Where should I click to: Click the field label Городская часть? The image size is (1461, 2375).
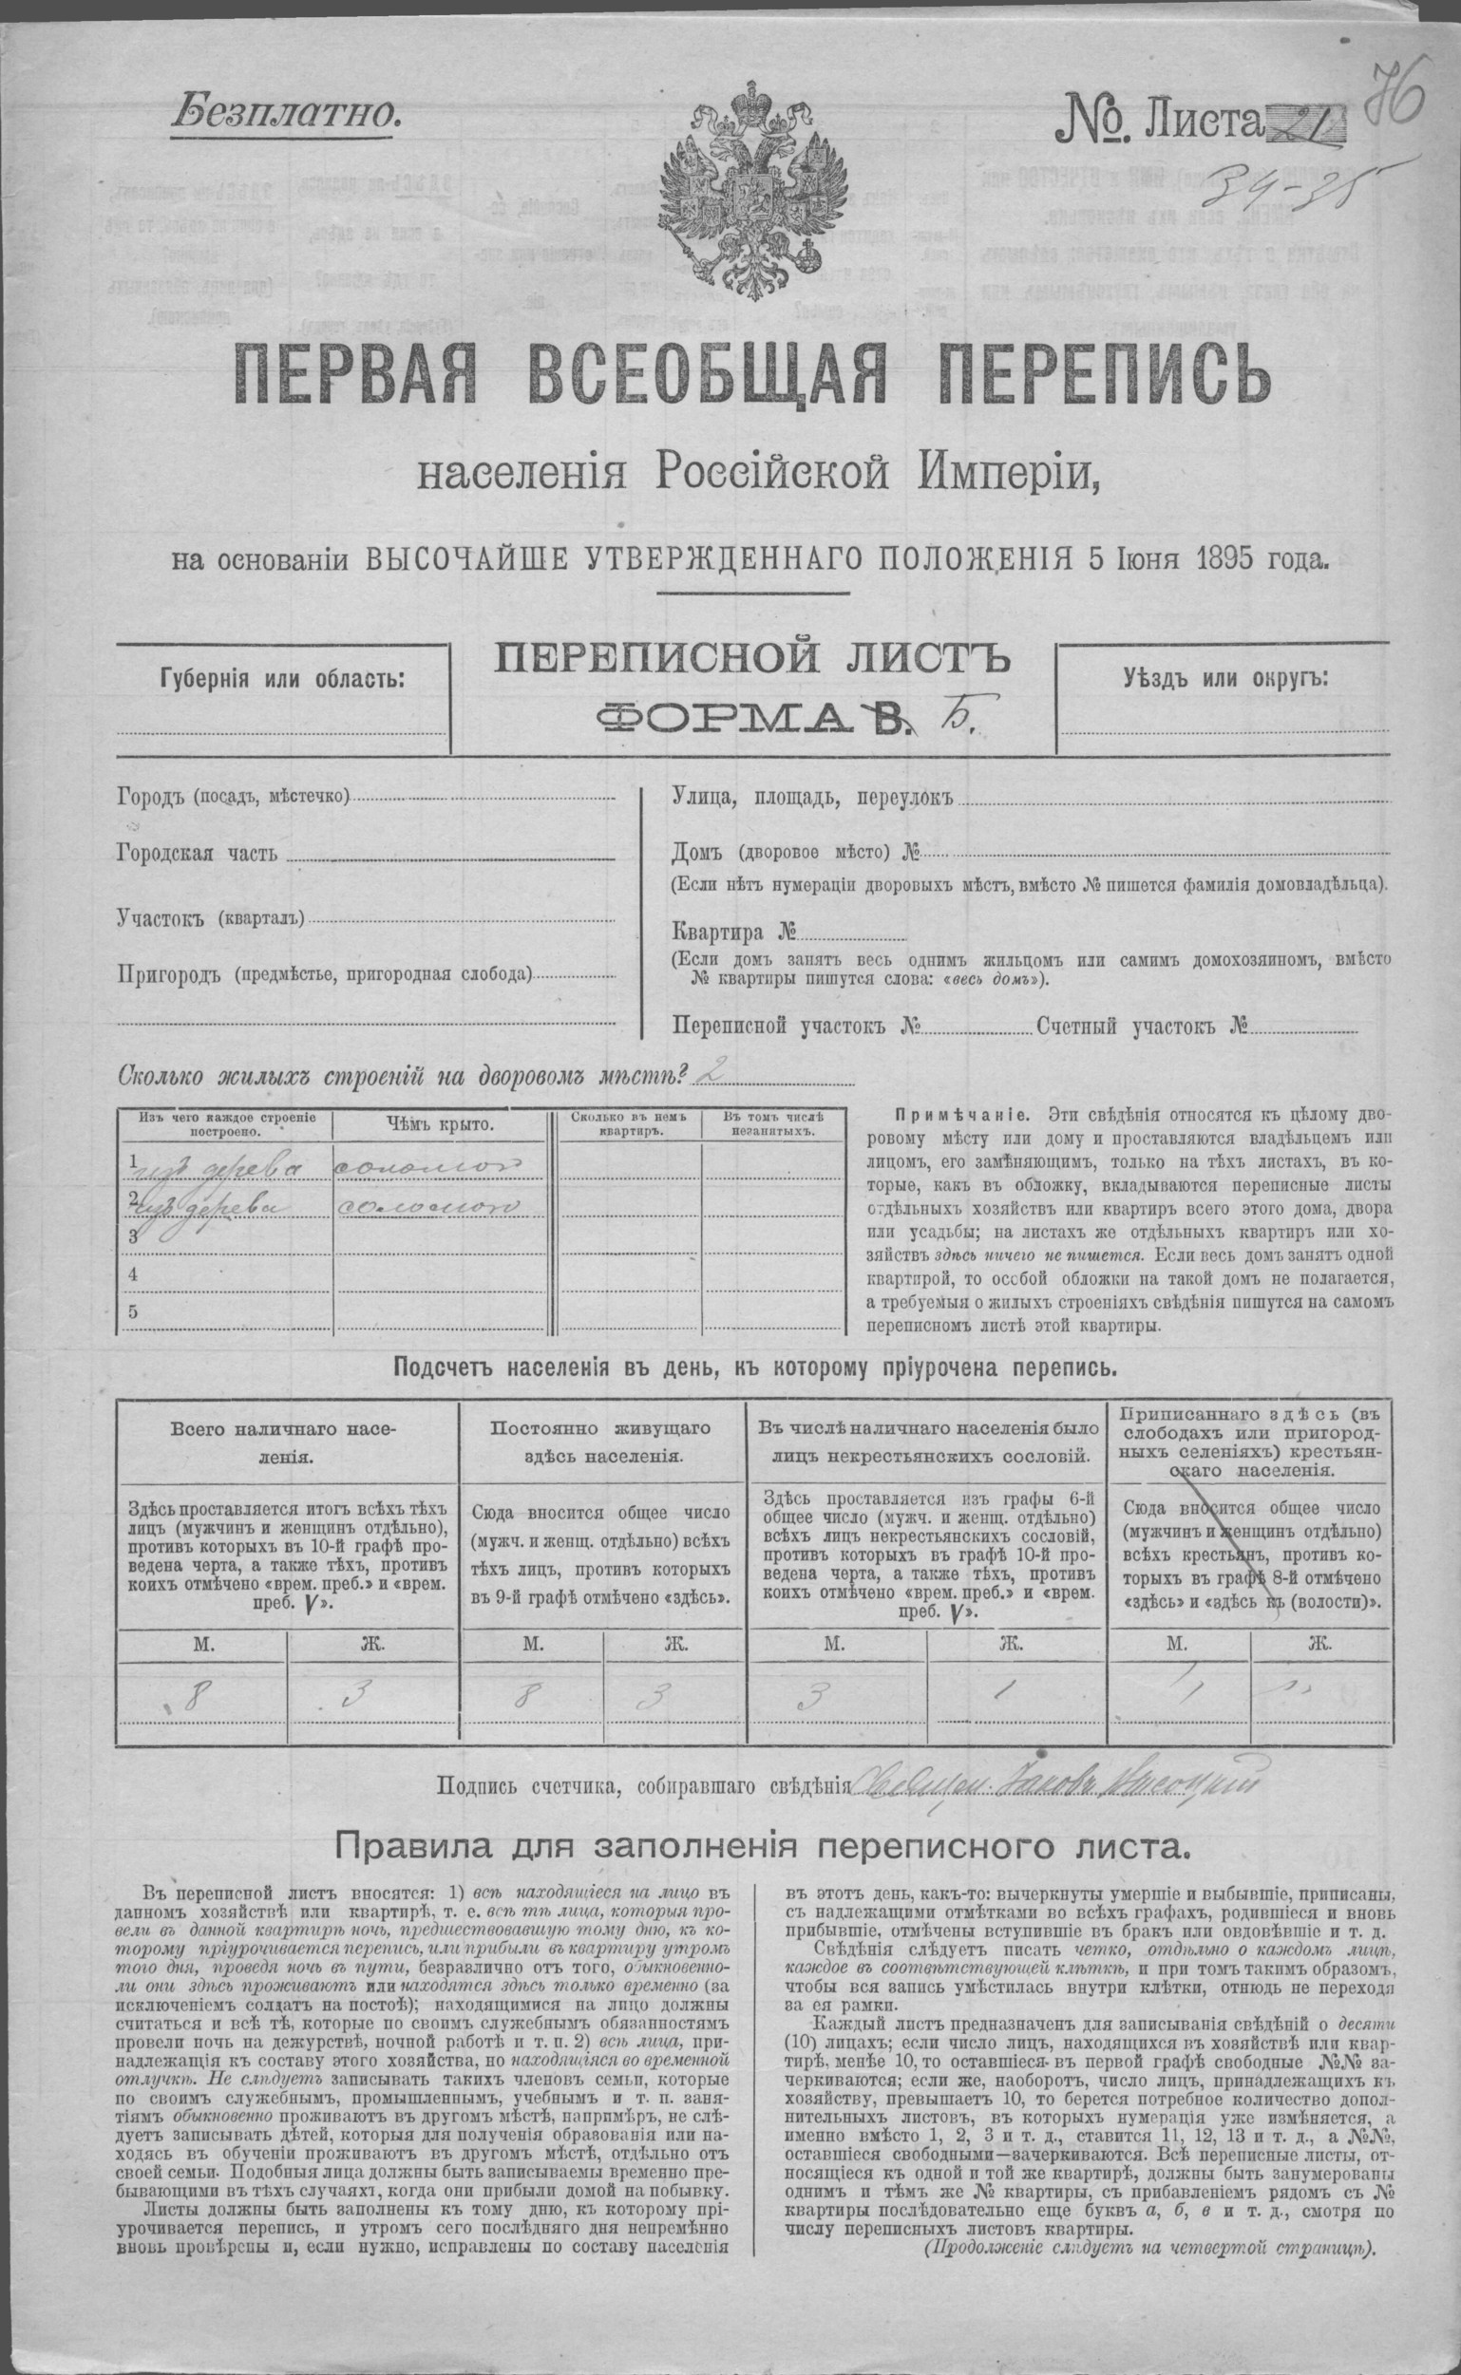tap(196, 855)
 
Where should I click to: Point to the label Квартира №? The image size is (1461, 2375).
tap(733, 933)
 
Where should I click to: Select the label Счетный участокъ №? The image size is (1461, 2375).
tap(1140, 1027)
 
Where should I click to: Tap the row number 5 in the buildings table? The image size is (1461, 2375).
tap(131, 1311)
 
